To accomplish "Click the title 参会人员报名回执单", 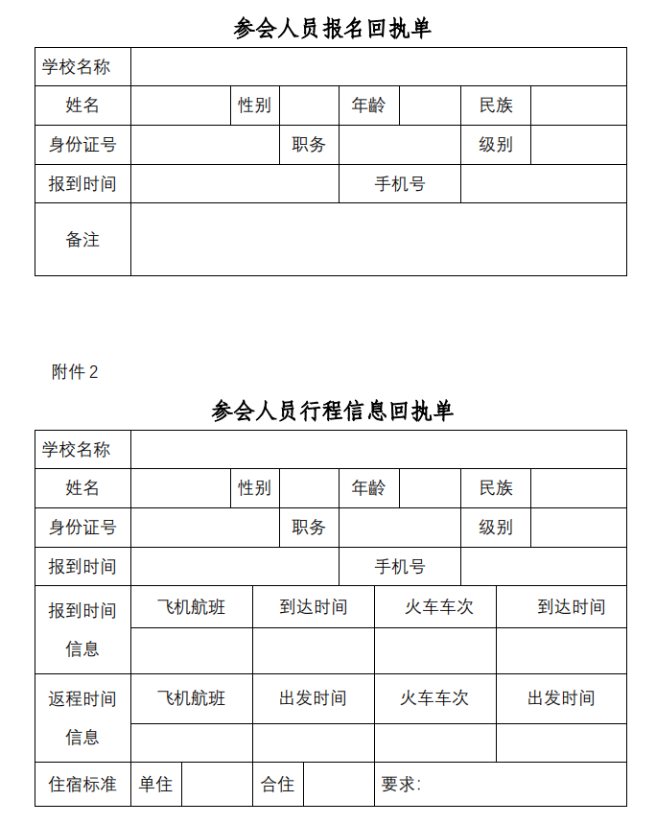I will pyautogui.click(x=332, y=28).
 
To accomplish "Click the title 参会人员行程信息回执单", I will pyautogui.click(x=332, y=411).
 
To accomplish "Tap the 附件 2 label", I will pyautogui.click(x=75, y=372).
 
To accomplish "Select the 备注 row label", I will pyautogui.click(x=82, y=240).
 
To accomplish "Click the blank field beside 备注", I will pyautogui.click(x=378, y=240).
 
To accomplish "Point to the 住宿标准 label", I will pyautogui.click(x=82, y=784).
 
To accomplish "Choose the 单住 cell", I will pyautogui.click(x=155, y=784).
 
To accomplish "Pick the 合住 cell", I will pyautogui.click(x=277, y=784).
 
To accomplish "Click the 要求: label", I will pyautogui.click(x=401, y=784).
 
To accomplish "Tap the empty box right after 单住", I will pyautogui.click(x=217, y=784).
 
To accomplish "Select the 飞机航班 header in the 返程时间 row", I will pyautogui.click(x=191, y=698).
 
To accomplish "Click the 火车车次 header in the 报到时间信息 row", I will pyautogui.click(x=435, y=607).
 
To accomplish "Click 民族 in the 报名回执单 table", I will pyautogui.click(x=496, y=106).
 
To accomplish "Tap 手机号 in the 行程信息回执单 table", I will pyautogui.click(x=400, y=567).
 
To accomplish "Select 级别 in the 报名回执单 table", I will pyautogui.click(x=496, y=145).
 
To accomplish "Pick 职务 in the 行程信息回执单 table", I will pyautogui.click(x=309, y=528).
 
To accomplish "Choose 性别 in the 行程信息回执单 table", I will pyautogui.click(x=254, y=488).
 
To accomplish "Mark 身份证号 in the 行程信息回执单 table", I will pyautogui.click(x=82, y=528).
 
